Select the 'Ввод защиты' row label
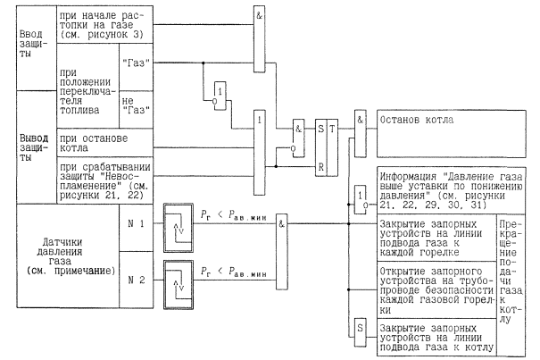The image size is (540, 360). point(17,41)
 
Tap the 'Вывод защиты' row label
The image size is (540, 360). point(18,146)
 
